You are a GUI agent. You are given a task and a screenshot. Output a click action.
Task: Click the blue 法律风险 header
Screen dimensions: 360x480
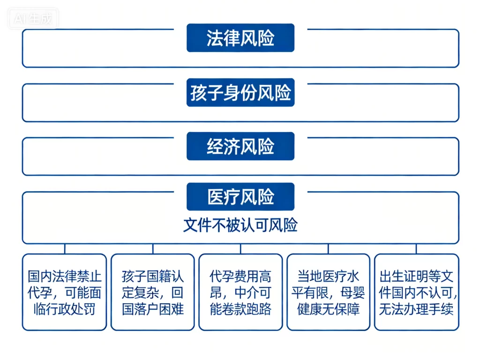pos(240,38)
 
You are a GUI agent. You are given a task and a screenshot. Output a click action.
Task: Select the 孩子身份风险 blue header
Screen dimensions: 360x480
pos(240,93)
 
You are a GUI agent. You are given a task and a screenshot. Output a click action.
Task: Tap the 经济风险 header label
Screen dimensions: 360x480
pos(240,147)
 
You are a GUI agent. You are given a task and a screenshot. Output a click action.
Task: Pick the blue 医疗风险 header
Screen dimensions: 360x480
pos(240,197)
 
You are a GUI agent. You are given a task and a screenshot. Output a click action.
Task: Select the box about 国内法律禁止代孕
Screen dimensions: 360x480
pos(64,292)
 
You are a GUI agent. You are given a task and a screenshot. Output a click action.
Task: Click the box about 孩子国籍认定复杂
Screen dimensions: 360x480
pos(152,292)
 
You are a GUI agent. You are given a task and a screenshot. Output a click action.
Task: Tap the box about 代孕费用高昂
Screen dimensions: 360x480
pos(240,292)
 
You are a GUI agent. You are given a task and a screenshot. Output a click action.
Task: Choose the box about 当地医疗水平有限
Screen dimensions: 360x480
pos(328,292)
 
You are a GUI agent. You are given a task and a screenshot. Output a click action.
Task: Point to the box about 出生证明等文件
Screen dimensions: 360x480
pos(416,292)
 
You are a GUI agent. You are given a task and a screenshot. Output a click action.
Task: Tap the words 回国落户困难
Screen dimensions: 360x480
pos(152,309)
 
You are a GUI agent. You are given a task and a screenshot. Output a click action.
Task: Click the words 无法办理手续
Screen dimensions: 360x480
pos(416,309)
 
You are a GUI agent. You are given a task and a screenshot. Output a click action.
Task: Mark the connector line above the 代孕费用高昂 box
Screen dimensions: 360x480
pos(240,249)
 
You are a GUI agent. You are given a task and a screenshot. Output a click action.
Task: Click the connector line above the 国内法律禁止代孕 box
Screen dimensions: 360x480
pos(65,249)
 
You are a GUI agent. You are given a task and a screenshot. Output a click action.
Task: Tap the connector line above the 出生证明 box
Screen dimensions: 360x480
pos(416,249)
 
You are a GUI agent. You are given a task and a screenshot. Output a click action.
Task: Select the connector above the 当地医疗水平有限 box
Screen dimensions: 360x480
pos(328,249)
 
